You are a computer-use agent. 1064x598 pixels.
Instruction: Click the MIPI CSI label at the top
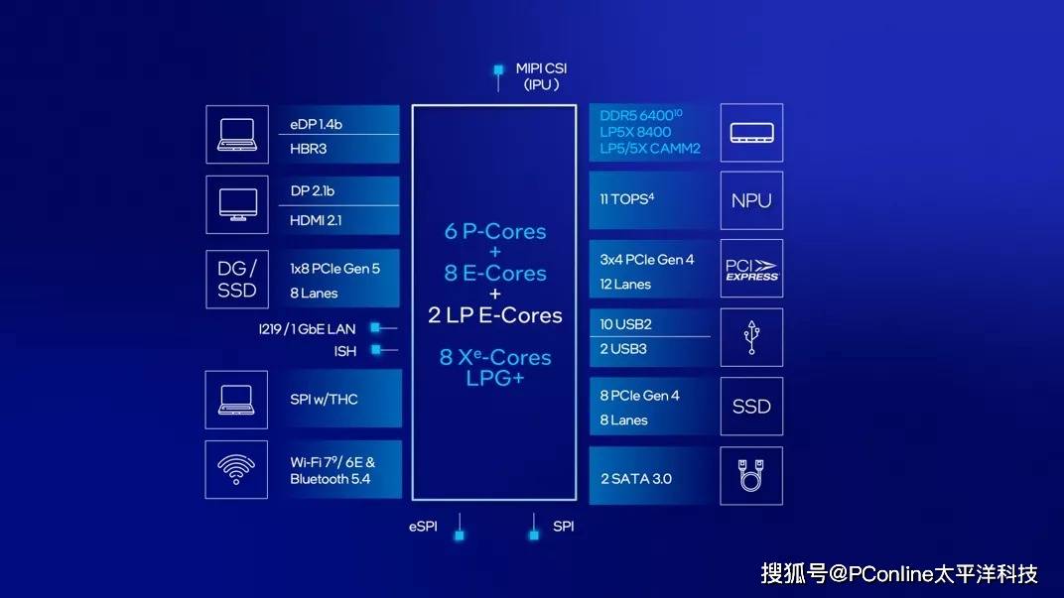tap(541, 68)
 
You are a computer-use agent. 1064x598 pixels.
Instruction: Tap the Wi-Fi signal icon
tap(236, 469)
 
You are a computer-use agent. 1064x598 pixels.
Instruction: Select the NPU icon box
tap(751, 200)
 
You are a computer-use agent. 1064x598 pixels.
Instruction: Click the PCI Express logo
tap(751, 269)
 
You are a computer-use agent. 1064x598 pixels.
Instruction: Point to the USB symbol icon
tap(751, 337)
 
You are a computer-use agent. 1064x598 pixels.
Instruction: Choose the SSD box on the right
tap(751, 407)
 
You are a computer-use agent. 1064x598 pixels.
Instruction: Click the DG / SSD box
tap(236, 279)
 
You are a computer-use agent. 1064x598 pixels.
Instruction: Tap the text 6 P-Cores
tap(495, 231)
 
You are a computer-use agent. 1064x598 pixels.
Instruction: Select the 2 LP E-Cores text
tap(495, 315)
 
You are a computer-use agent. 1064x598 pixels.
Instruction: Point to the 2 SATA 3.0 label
tap(636, 479)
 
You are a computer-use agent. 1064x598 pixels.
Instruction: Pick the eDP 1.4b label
tap(317, 124)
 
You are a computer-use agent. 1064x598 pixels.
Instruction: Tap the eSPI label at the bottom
tap(423, 527)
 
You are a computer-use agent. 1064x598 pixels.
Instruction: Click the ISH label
tap(344, 351)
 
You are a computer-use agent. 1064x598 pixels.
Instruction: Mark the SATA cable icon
tap(751, 475)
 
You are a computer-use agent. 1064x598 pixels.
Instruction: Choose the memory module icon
tap(751, 132)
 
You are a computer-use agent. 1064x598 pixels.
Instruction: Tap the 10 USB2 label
tap(625, 324)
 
